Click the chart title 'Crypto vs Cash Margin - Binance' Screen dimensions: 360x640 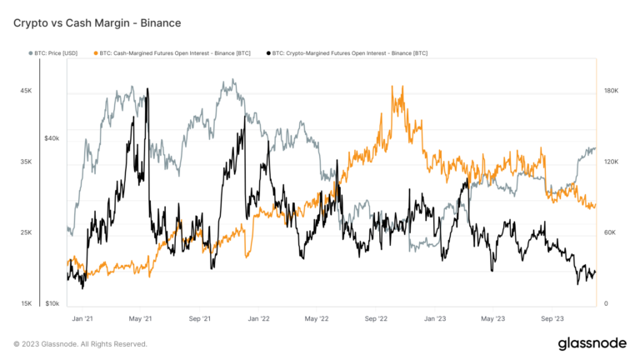(x=97, y=22)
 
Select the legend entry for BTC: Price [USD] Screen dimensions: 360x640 (x=57, y=53)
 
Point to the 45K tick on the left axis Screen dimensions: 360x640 (x=27, y=91)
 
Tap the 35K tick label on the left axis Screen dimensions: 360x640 (x=27, y=162)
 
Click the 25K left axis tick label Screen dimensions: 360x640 (x=27, y=232)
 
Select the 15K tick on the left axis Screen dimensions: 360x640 (x=27, y=303)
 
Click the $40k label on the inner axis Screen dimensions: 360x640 (x=52, y=137)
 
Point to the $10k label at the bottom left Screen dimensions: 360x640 (x=52, y=303)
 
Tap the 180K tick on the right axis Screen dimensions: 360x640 (x=611, y=91)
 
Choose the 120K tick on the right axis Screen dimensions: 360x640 (x=611, y=162)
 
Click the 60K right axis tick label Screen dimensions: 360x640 (x=611, y=232)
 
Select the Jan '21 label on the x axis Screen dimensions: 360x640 (x=82, y=318)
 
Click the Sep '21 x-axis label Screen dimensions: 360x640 (x=200, y=318)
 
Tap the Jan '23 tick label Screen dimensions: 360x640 (x=435, y=318)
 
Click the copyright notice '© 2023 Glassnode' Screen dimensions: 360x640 (x=81, y=344)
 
